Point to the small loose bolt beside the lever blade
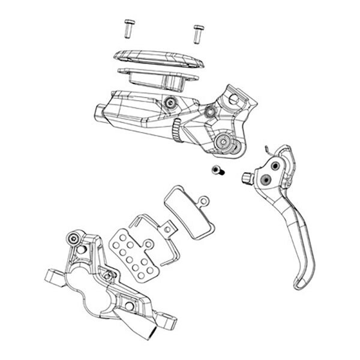pyautogui.click(x=217, y=171)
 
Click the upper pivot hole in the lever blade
pyautogui.click(x=275, y=165)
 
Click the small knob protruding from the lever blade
pyautogui.click(x=246, y=178)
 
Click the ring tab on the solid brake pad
pyautogui.click(x=204, y=201)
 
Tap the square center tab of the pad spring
pyautogui.click(x=170, y=227)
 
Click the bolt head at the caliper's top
pyautogui.click(x=74, y=239)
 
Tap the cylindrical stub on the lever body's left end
pyautogui.click(x=100, y=113)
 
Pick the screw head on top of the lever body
pyautogui.click(x=172, y=103)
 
